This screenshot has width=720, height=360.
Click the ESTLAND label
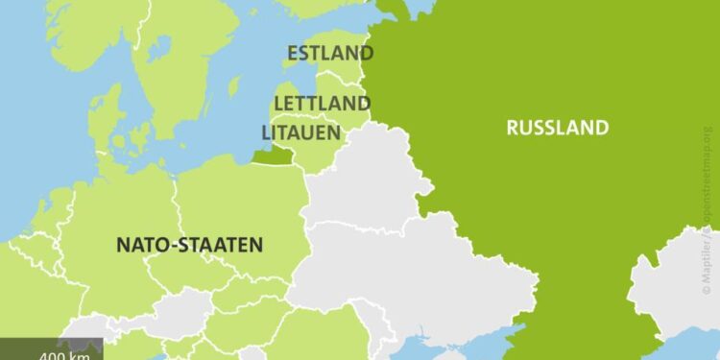pos(329,53)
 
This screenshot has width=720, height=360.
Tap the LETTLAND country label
pos(322,102)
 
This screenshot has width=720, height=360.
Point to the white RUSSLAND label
pos(558,127)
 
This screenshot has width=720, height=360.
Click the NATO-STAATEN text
pos(189,245)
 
